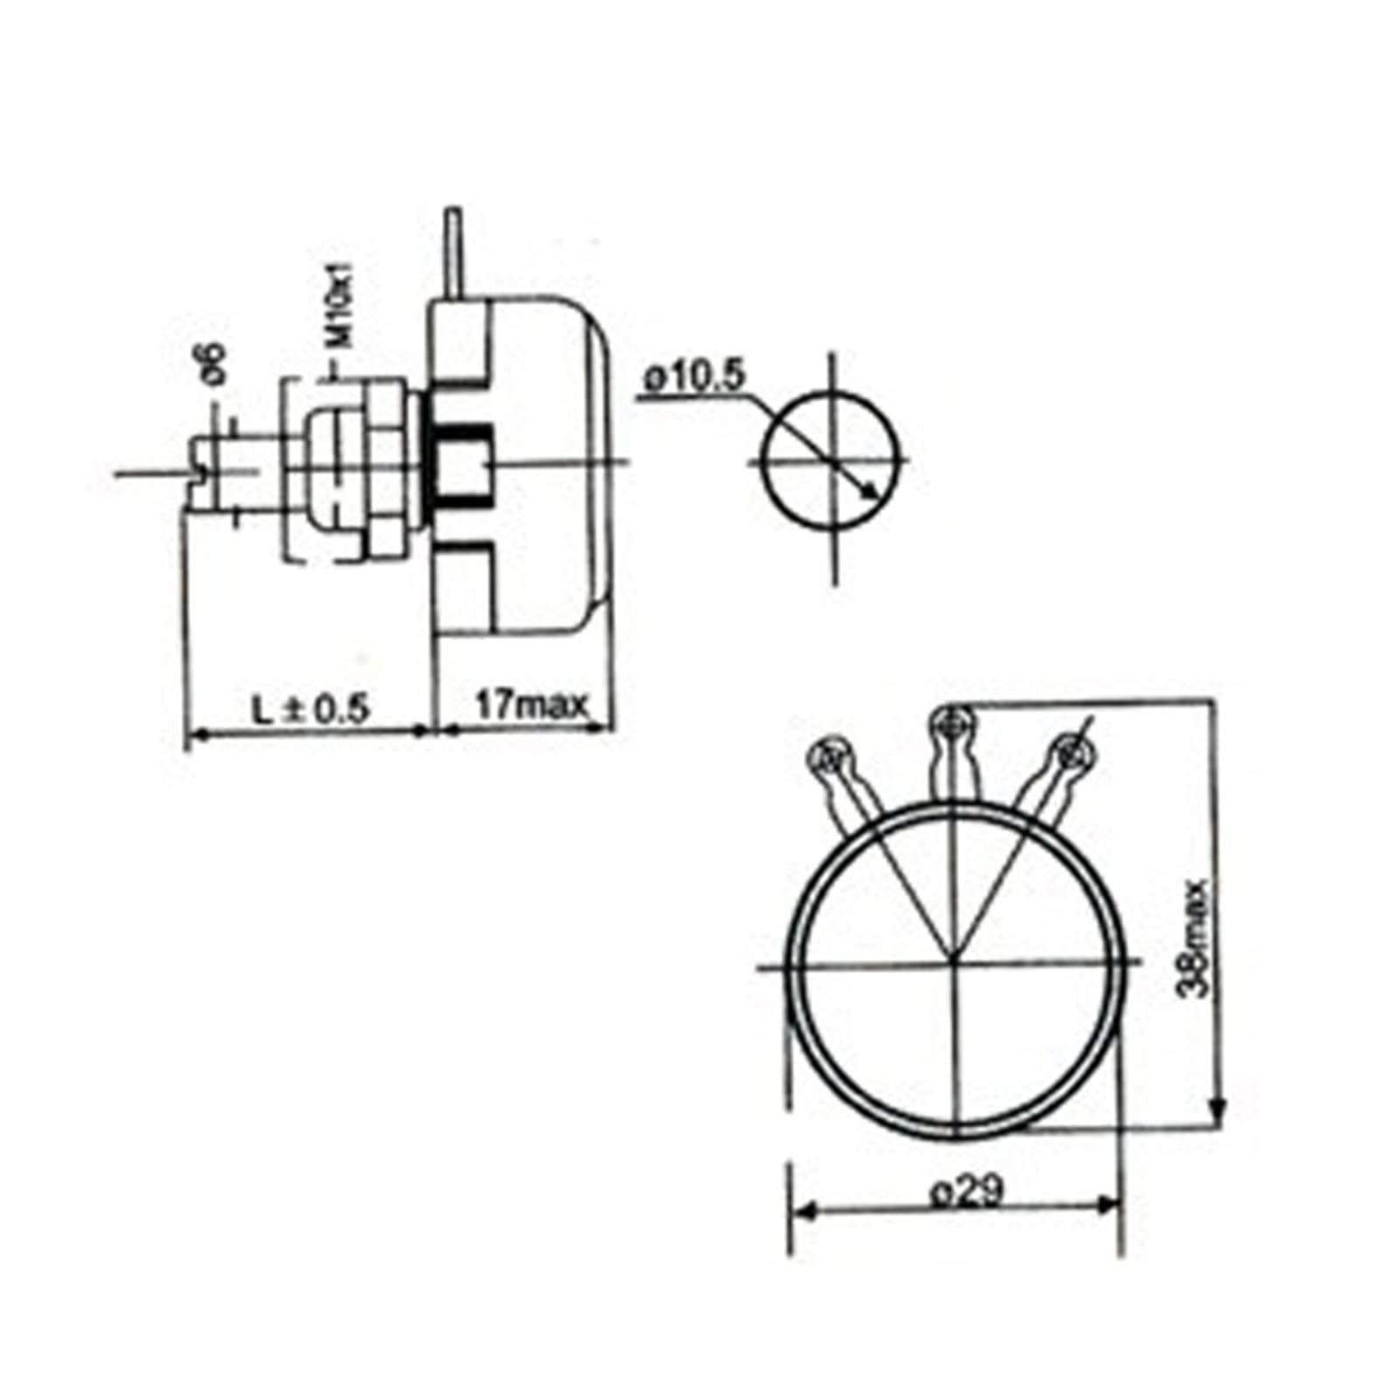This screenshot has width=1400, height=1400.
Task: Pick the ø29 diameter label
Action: pyautogui.click(x=966, y=1190)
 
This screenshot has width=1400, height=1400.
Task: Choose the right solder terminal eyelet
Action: pyautogui.click(x=1071, y=752)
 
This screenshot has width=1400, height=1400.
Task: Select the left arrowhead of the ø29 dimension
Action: pyautogui.click(x=806, y=1211)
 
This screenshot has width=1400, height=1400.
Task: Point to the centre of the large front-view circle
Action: pyautogui.click(x=954, y=964)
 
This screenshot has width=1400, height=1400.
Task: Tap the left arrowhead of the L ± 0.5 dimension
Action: pyautogui.click(x=198, y=735)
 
